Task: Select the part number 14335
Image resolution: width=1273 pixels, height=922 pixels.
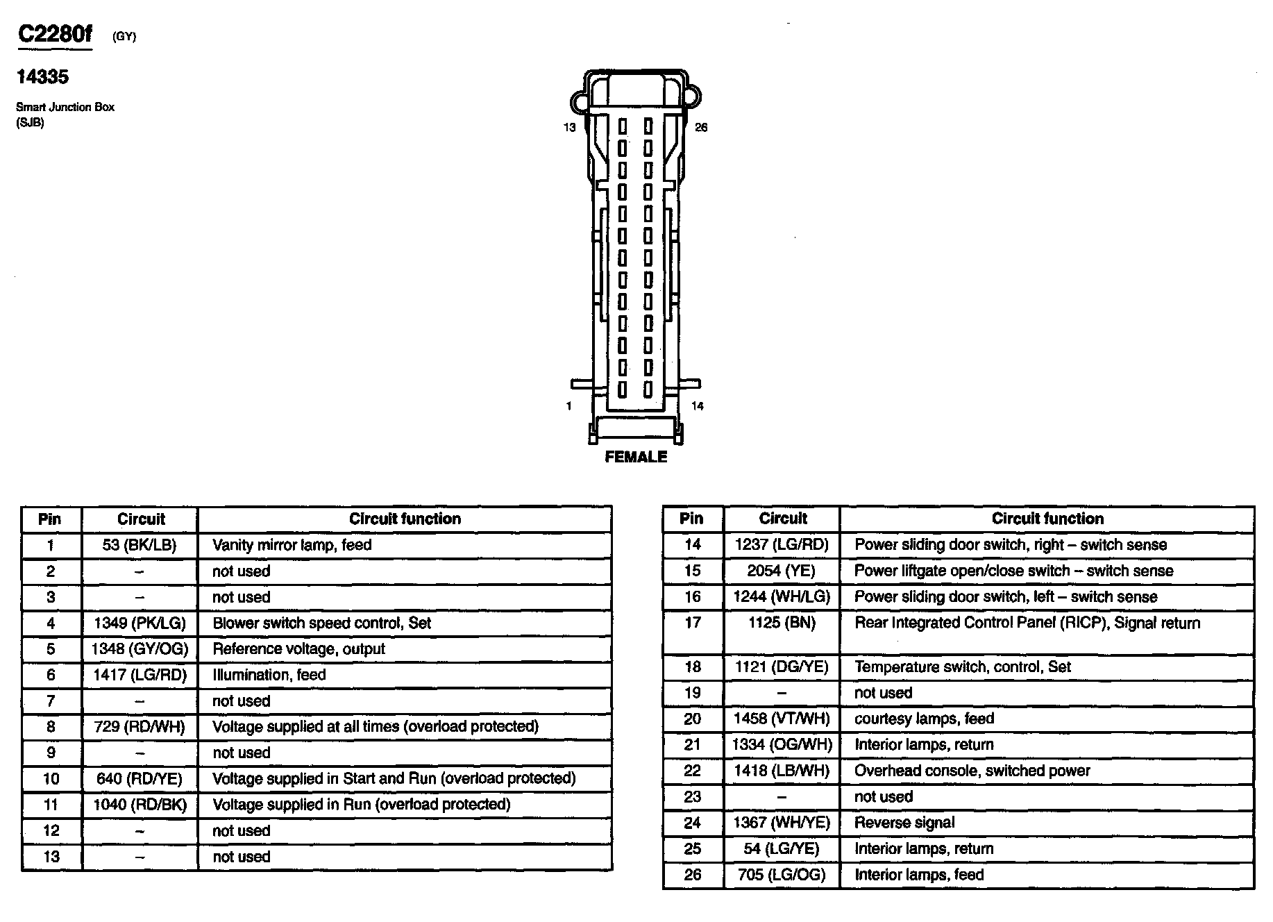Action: (43, 77)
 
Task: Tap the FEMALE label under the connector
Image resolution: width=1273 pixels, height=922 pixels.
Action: (636, 457)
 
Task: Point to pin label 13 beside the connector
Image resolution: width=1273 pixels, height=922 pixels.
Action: (569, 128)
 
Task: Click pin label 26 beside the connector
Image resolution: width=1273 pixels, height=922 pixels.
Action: (701, 128)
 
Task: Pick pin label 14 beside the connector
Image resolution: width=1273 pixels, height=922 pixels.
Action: (698, 406)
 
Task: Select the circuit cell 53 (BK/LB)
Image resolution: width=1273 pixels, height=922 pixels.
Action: (140, 545)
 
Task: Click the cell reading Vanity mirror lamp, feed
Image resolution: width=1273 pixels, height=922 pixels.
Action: (292, 545)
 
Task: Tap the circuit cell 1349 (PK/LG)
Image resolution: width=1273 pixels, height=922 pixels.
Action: (140, 623)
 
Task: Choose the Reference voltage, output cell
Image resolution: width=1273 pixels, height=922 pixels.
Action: (298, 649)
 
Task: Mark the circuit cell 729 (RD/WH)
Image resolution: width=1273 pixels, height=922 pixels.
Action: (140, 727)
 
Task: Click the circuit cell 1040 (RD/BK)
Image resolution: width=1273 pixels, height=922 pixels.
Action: (140, 805)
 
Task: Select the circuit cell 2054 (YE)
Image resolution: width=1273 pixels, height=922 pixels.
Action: (782, 571)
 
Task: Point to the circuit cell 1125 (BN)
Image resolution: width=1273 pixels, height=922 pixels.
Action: (782, 623)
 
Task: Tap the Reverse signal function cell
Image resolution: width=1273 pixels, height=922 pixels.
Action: (904, 823)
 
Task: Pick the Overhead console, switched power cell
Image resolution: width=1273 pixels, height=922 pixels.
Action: (972, 771)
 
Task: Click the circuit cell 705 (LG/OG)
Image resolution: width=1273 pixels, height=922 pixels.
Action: (782, 875)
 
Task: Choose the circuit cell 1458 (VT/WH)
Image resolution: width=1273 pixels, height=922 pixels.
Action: (782, 719)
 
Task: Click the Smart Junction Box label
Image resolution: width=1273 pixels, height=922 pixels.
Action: (65, 107)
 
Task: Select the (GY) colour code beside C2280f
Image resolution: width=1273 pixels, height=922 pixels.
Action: (124, 37)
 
